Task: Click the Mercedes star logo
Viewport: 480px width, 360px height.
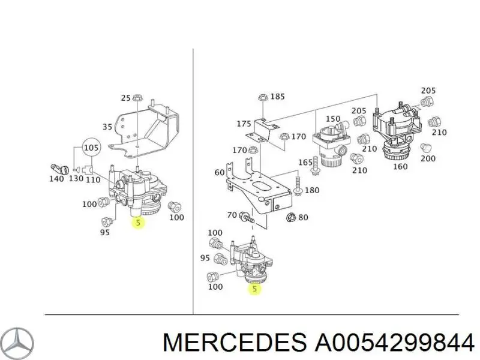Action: [17, 343]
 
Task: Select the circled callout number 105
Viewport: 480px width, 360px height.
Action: [92, 148]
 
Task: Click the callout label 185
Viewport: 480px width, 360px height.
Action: [278, 96]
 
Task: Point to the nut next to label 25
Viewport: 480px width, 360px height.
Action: [137, 97]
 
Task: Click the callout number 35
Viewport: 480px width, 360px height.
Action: [107, 127]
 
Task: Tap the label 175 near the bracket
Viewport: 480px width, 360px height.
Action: [244, 124]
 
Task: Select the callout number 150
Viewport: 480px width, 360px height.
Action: [333, 119]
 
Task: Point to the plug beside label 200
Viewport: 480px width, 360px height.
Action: [427, 148]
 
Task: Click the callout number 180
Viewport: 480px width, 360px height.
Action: [312, 191]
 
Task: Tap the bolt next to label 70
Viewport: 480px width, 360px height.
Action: [246, 217]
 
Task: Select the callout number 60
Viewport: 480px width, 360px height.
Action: [220, 173]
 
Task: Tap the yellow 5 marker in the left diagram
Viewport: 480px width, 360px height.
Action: [138, 223]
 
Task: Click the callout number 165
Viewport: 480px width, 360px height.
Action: [305, 162]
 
